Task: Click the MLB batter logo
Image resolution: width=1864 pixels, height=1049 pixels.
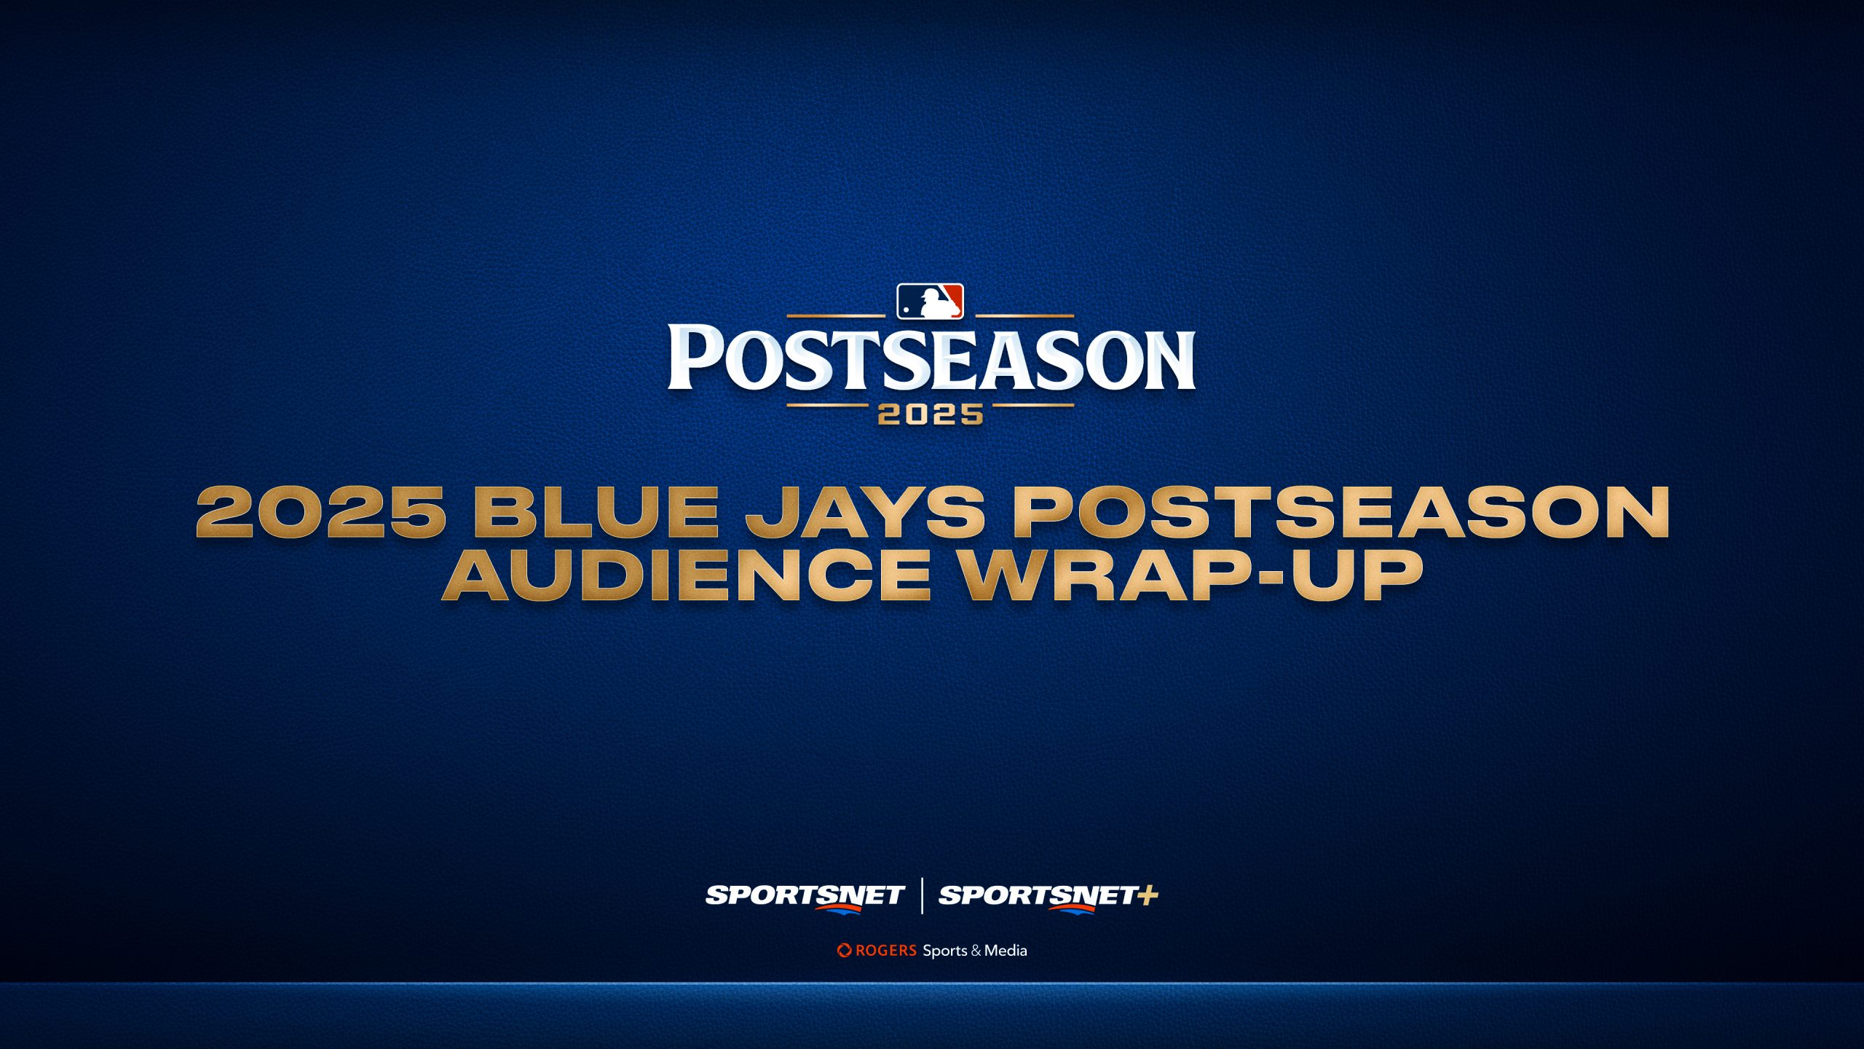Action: [x=930, y=302]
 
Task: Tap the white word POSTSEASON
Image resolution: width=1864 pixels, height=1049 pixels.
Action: [x=931, y=358]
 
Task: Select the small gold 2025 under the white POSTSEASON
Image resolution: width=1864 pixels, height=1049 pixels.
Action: [x=931, y=415]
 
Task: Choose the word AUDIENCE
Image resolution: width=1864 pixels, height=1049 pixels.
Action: [x=687, y=575]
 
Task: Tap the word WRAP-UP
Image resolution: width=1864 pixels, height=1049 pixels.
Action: [x=1190, y=575]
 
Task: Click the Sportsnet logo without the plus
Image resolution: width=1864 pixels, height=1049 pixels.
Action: [x=805, y=896]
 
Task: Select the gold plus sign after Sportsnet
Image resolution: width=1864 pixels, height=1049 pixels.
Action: [x=1148, y=895]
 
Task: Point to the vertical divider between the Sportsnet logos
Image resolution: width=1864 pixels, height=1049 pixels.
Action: [x=923, y=896]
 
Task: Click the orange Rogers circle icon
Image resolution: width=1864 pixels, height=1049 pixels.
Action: [x=844, y=950]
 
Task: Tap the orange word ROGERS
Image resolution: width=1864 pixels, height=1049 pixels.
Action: [x=886, y=950]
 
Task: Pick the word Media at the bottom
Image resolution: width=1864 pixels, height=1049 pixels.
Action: [x=1006, y=950]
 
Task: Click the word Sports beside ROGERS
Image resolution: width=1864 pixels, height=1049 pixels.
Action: [x=945, y=951]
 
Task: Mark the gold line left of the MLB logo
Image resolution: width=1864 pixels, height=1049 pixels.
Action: [x=836, y=316]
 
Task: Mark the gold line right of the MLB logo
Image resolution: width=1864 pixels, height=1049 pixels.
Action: [x=1024, y=316]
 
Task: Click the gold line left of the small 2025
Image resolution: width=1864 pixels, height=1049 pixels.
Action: [x=827, y=405]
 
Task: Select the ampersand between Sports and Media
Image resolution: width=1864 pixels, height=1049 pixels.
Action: [x=976, y=951]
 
